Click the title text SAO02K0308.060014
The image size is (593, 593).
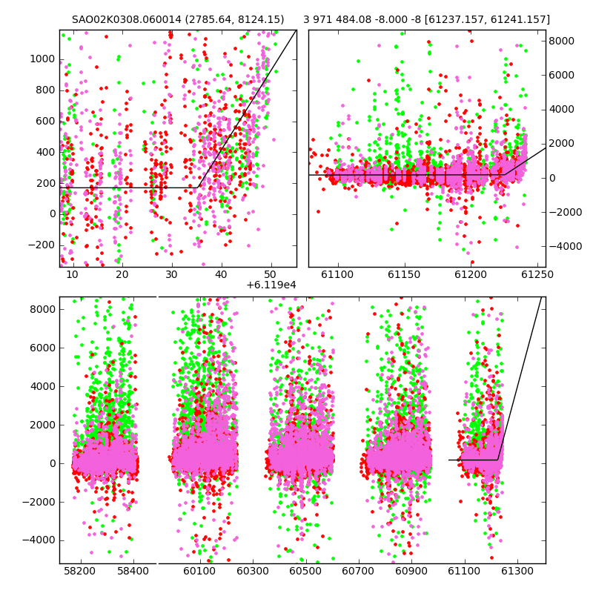tap(127, 19)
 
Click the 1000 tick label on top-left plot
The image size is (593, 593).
tap(42, 59)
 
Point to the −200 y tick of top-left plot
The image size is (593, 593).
tap(42, 245)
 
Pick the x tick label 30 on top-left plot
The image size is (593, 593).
tap(171, 274)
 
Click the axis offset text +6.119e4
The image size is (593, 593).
tap(271, 285)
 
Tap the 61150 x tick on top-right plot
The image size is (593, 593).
tap(404, 274)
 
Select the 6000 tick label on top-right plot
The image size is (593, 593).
tap(562, 75)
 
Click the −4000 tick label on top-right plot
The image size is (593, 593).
tap(566, 246)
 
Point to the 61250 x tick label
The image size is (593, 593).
tap(537, 274)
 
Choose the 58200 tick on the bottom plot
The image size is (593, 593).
tap(80, 571)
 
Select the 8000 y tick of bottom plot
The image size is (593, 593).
tap(42, 309)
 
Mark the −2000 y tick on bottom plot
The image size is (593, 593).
tap(39, 502)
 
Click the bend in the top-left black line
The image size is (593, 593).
tap(197, 188)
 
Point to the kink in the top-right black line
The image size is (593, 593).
tap(505, 175)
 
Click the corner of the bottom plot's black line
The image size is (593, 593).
tap(497, 460)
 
